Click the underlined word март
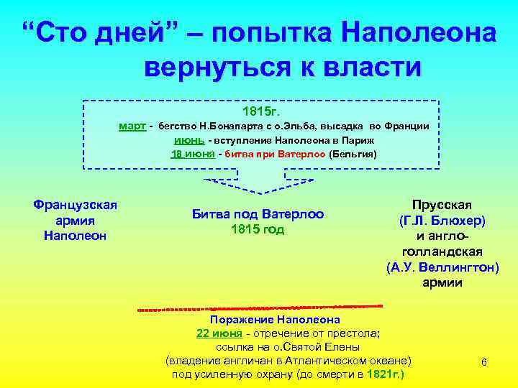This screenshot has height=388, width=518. [132, 126]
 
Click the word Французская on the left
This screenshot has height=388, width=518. [76, 205]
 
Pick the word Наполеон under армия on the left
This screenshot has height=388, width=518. [76, 235]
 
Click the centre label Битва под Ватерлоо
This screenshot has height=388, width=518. [258, 214]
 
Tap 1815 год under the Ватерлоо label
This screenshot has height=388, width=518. [258, 229]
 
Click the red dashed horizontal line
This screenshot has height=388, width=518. [259, 308]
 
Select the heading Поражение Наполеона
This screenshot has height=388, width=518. [275, 320]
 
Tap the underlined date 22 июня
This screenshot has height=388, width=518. [219, 333]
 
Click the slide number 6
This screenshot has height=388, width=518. [483, 362]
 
